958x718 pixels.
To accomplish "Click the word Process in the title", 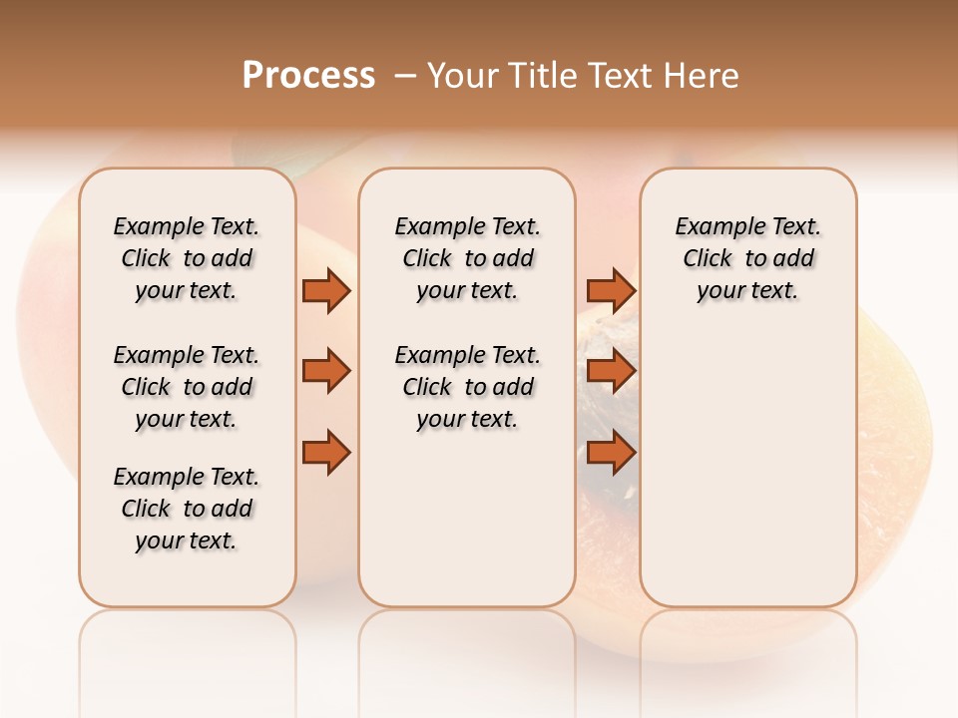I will coord(308,76).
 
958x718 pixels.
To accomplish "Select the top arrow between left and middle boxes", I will coord(326,290).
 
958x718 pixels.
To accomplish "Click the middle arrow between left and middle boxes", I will coord(326,371).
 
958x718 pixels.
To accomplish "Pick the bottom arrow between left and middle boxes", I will coord(326,452).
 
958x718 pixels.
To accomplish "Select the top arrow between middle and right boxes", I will coord(611,290).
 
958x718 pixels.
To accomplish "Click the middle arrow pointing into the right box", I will coord(611,371).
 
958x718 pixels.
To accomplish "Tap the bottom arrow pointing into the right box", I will coord(611,452).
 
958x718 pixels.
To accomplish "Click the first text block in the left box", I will coord(187,258).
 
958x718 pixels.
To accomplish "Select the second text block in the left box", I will coord(187,387).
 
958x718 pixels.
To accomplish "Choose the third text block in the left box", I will coord(187,509).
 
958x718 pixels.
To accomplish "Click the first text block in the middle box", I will coord(467,258).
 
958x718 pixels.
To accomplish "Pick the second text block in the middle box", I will coord(467,387).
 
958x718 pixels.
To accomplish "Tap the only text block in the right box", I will coord(747,258).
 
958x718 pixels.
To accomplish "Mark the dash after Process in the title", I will coord(405,76).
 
